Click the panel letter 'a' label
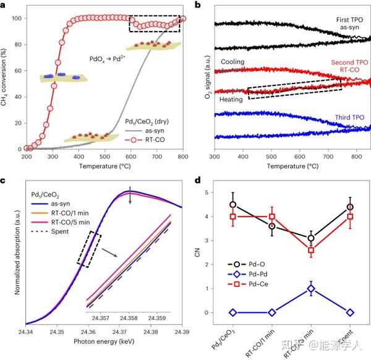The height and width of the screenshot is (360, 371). [x=4, y=5]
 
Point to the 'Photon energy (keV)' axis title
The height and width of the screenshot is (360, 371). [x=104, y=342]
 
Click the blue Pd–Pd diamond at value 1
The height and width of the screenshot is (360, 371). [x=310, y=289]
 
